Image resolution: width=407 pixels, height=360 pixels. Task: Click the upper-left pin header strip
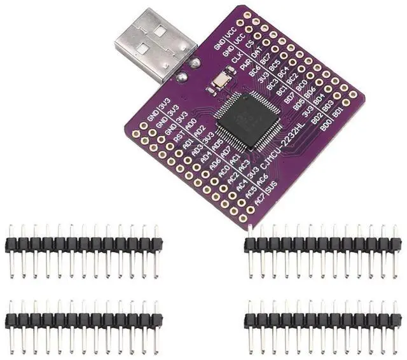click(83, 246)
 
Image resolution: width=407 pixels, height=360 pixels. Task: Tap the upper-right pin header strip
click(323, 246)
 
